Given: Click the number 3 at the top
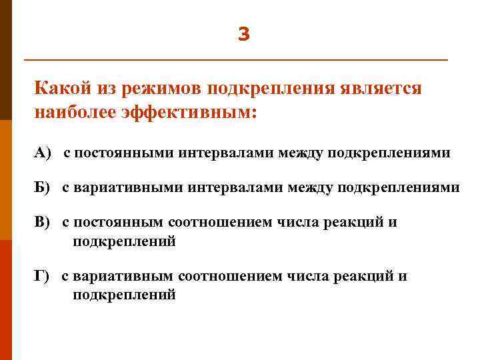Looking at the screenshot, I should [x=243, y=34].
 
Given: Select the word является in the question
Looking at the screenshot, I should [x=379, y=89].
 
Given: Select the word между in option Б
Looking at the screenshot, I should [x=311, y=188].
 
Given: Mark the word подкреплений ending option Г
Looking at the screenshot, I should [x=124, y=294].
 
